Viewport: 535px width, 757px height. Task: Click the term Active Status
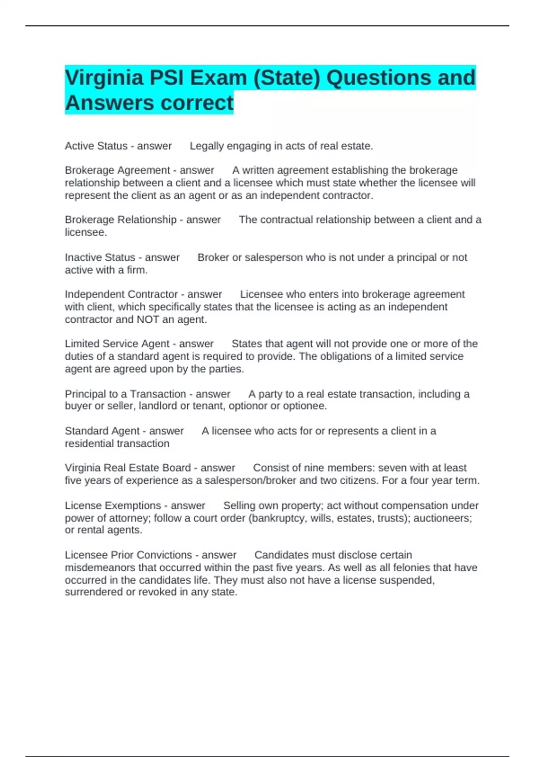tap(96, 146)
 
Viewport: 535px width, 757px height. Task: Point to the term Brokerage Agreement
tap(117, 170)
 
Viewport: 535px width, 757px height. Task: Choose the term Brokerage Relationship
tap(120, 220)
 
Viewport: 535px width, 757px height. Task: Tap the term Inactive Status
tap(100, 257)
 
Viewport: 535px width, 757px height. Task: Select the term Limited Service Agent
tap(117, 344)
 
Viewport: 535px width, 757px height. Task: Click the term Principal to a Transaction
tap(125, 394)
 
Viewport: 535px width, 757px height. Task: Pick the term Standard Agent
tap(102, 431)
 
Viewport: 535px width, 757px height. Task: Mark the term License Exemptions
tap(113, 505)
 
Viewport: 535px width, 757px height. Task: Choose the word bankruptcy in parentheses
tap(279, 518)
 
